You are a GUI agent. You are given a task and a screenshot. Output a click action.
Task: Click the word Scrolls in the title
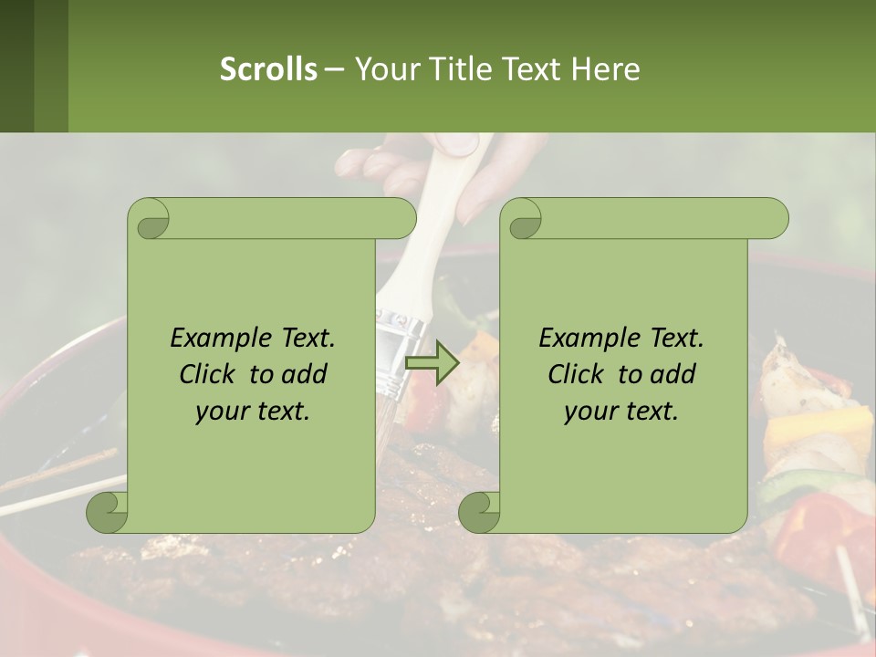click(268, 69)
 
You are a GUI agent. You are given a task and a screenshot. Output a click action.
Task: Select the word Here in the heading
click(604, 69)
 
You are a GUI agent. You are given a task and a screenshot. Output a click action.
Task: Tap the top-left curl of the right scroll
click(524, 219)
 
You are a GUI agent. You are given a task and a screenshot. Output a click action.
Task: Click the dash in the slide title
click(335, 69)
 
